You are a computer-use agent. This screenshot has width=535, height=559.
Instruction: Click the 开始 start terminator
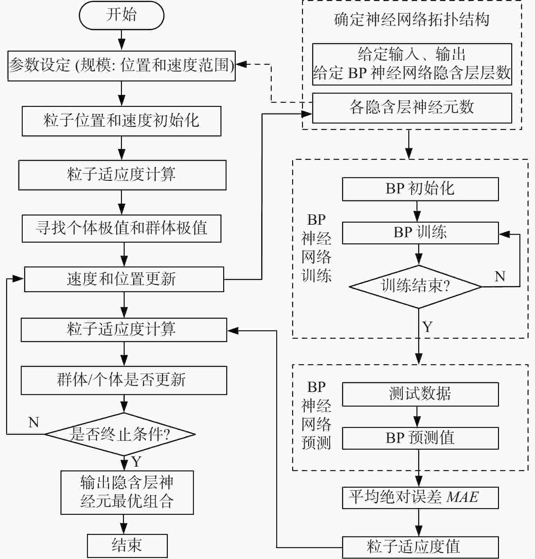(x=122, y=15)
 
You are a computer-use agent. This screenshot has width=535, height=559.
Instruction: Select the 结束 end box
(x=127, y=545)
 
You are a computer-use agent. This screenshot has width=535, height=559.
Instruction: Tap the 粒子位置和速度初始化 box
(x=122, y=121)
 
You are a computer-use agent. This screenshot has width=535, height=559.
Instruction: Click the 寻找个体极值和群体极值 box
(x=122, y=228)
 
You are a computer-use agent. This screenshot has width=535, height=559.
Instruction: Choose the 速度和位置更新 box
(x=124, y=279)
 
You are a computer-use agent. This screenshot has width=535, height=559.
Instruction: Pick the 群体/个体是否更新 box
(x=124, y=380)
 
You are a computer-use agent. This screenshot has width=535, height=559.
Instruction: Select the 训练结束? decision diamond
(x=415, y=287)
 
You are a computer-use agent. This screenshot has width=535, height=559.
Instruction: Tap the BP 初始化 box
(x=420, y=189)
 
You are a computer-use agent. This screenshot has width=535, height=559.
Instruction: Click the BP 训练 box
(x=420, y=233)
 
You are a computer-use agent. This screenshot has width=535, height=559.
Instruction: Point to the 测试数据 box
(x=420, y=394)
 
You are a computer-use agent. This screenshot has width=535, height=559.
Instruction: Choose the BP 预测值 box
(x=420, y=438)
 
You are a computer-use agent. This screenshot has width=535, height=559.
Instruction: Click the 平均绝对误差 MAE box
(x=420, y=498)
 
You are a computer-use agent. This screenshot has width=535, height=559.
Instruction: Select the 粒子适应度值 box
(x=420, y=547)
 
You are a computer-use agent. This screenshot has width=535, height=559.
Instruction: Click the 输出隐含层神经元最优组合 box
(x=127, y=492)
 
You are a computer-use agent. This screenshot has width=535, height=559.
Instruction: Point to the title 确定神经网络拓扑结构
(x=412, y=20)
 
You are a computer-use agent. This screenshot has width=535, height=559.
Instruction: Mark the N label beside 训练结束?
(x=500, y=276)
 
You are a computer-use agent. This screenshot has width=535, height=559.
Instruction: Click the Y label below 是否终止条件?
(x=137, y=462)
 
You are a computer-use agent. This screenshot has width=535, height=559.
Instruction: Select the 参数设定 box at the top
(x=122, y=66)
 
